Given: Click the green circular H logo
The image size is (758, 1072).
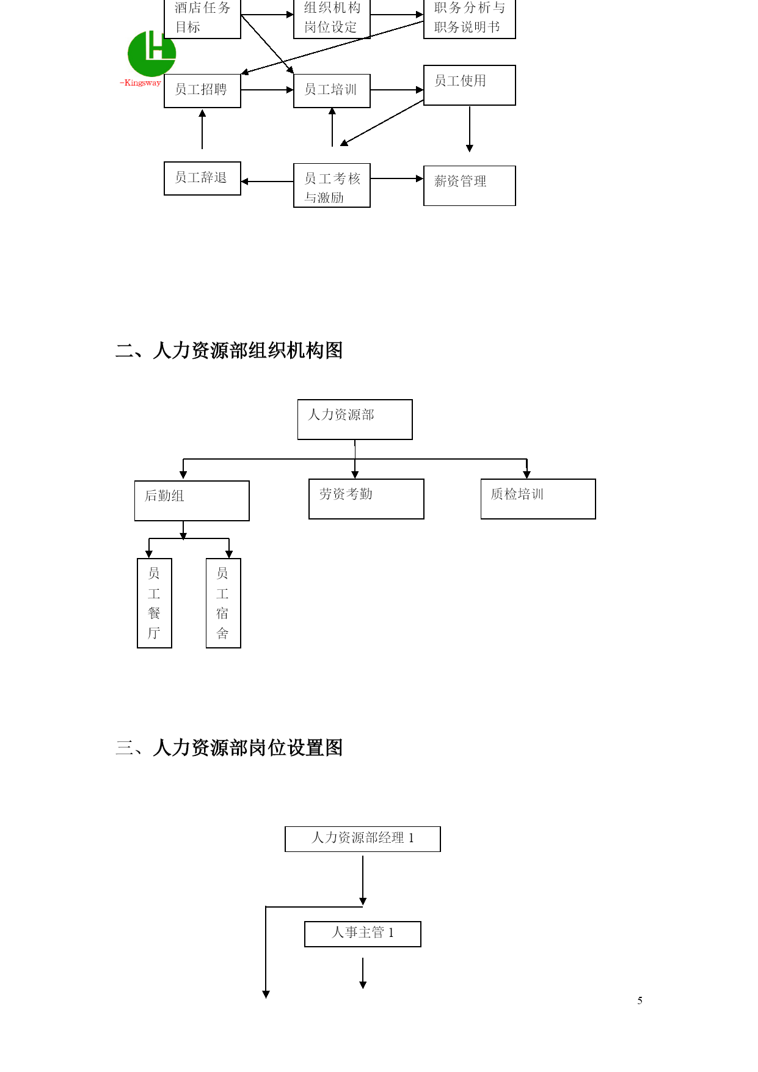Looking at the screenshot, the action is point(151,54).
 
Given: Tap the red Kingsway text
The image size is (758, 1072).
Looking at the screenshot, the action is point(140,83).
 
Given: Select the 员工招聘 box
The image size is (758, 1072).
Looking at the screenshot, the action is point(202,90).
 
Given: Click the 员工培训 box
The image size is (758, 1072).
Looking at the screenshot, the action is point(332,90).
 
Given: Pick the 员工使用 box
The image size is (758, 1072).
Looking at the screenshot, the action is point(470,86).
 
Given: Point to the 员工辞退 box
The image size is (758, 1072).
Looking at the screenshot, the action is point(202,178).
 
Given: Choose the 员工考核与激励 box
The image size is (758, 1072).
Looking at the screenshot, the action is point(332,185).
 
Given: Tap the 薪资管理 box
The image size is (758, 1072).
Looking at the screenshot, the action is point(470,186).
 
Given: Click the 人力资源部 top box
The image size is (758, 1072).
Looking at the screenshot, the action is point(355,419).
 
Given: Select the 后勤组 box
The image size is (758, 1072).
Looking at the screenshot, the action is point(192,501).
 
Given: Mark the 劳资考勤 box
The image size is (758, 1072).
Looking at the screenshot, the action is point(366,499).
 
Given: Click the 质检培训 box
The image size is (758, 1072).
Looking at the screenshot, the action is point(538,499).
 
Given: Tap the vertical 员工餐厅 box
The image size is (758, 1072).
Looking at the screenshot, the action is point(155,603).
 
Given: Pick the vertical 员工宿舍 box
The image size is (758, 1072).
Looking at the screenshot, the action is point(224,603).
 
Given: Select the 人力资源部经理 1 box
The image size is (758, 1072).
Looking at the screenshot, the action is point(363,839).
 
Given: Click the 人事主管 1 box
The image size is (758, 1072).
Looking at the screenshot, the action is point(363,934).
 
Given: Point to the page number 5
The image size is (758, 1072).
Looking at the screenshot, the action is point(640,1000).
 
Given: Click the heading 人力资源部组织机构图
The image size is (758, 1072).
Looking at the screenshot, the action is point(248,350).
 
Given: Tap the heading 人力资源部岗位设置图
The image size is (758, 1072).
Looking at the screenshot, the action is point(248,747).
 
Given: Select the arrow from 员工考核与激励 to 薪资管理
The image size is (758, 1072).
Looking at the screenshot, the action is point(397,178).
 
